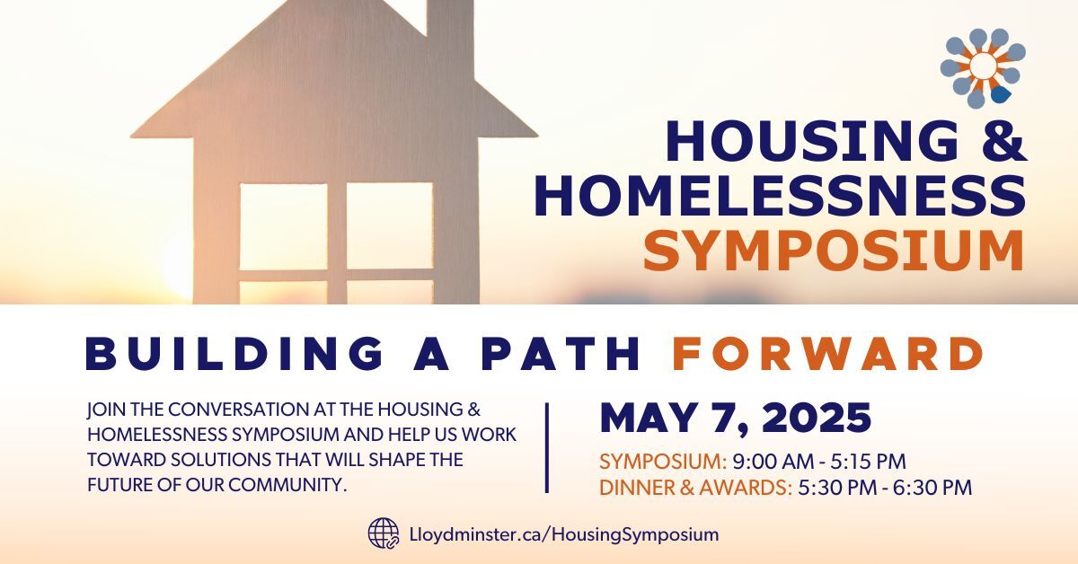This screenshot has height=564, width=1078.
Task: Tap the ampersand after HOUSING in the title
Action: (1004, 140)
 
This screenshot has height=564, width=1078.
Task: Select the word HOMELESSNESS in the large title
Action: (781, 196)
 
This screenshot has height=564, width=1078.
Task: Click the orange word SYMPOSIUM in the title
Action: (835, 251)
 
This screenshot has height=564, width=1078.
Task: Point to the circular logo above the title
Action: (983, 68)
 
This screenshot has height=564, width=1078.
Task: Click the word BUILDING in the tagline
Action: (234, 354)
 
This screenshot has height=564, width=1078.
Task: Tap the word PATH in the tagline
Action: (561, 354)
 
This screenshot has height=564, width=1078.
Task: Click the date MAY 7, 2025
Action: (736, 418)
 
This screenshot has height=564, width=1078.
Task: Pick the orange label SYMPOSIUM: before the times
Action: (663, 462)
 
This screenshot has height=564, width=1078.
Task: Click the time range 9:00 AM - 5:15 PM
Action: (819, 462)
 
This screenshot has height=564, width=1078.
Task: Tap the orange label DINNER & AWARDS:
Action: (696, 488)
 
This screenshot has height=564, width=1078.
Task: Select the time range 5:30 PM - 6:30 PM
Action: (885, 488)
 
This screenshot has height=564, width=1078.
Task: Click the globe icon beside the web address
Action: (384, 533)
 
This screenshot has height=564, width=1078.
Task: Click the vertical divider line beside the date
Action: (547, 447)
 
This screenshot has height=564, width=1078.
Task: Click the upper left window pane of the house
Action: (284, 226)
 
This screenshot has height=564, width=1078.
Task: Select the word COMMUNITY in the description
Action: (286, 485)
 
